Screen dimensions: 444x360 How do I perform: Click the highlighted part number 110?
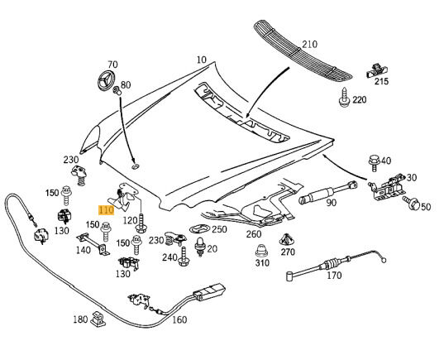pos(106,210)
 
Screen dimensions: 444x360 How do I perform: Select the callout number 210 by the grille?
pos(309,45)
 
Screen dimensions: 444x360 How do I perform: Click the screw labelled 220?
pos(344,98)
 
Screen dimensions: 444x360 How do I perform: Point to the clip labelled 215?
pos(377,71)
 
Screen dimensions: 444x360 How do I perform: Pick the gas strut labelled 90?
pos(328,193)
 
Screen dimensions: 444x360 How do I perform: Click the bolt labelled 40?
pos(374,163)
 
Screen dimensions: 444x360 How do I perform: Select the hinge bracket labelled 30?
pos(385,187)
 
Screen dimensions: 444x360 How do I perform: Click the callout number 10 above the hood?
pos(201,60)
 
